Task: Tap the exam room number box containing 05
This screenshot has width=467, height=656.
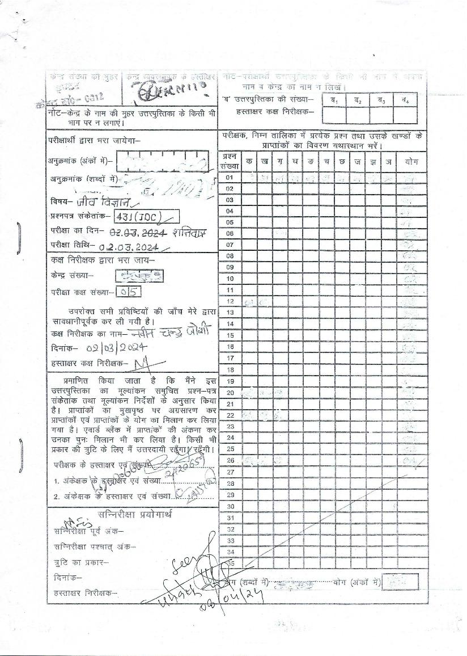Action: coord(128,291)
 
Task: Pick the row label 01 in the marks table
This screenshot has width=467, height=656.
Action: coord(230,177)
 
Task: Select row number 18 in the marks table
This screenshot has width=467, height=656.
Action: coord(230,369)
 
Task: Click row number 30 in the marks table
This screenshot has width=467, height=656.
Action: coord(230,506)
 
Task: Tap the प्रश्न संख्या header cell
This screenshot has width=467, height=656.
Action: coord(230,161)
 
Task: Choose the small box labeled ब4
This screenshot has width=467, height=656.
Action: coord(405,100)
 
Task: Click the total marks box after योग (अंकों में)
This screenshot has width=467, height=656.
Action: coord(400,582)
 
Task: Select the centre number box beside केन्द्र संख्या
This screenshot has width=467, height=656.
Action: coord(139,276)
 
